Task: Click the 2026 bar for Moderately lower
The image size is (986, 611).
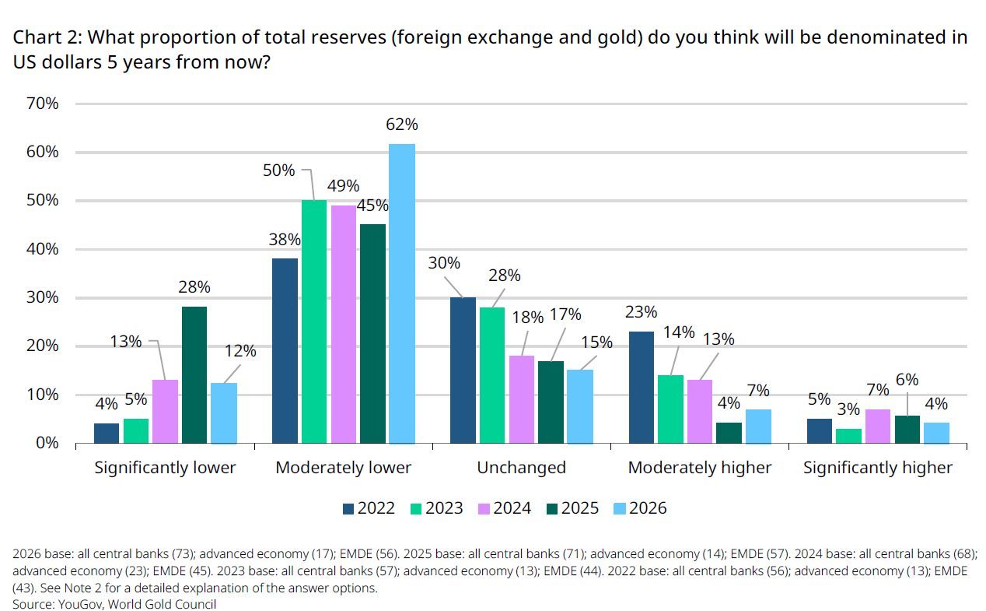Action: coord(402,293)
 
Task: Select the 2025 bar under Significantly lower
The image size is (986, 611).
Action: coord(194,375)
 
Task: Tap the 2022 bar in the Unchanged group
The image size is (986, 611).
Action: coord(463,370)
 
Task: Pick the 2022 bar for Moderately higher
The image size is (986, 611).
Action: coord(642,388)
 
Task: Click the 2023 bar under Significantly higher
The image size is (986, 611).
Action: coord(848,436)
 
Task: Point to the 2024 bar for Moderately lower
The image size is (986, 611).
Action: coord(344,325)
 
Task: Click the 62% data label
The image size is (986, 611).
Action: coord(402,125)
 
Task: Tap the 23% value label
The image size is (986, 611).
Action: coord(641,312)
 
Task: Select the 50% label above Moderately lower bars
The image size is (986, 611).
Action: coord(278,170)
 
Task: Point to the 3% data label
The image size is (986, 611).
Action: coord(848,409)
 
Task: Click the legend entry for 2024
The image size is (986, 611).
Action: coord(505,508)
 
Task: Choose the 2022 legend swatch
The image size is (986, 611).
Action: coord(348,509)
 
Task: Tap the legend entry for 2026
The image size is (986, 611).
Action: coord(641,508)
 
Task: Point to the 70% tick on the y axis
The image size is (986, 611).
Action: coord(42,104)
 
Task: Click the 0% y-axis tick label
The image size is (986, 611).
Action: coord(47,443)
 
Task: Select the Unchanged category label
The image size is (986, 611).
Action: coord(521,467)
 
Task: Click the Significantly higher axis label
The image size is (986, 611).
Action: coord(878,468)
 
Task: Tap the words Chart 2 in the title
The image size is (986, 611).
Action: coord(47,37)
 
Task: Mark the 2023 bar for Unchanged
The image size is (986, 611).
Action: coord(492,375)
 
